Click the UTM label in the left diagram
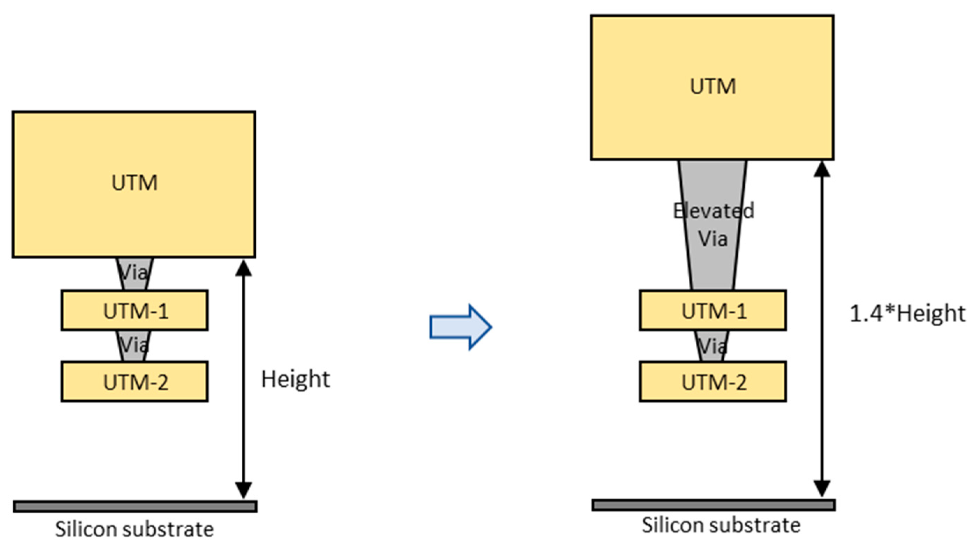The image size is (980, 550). coord(134,183)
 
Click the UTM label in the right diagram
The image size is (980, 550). coord(712,86)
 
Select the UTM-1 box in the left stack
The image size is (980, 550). coord(135,311)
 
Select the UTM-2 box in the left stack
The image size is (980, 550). coord(135,382)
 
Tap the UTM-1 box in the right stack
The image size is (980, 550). coord(713,311)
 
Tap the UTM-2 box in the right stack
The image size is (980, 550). coord(713,382)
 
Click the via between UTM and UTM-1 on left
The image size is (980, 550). coord(134,274)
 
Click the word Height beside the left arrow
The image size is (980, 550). coord(295,379)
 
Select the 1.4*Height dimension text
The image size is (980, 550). coord(907,314)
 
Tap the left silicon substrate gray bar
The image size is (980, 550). coord(135,506)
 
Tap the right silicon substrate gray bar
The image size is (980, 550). coord(713,505)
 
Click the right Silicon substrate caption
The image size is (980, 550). coord(721,525)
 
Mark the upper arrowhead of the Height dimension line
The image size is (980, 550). coord(243,268)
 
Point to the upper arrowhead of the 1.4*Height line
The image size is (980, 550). coord(822,170)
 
